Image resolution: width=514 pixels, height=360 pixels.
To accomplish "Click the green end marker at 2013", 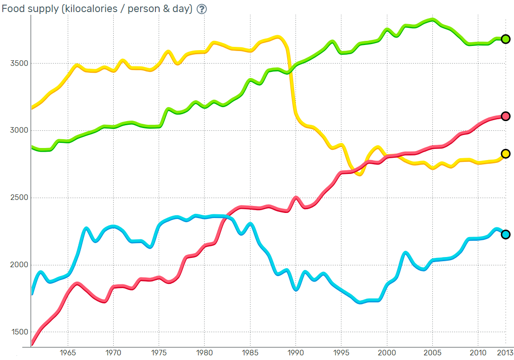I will pyautogui.click(x=506, y=39).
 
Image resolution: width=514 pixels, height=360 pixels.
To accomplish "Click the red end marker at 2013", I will pyautogui.click(x=506, y=116).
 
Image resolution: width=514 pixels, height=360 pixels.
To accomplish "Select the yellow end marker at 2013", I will pyautogui.click(x=506, y=154).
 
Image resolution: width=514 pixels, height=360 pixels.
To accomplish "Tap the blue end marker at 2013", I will pyautogui.click(x=506, y=234).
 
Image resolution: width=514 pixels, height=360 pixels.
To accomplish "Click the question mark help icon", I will pyautogui.click(x=201, y=9).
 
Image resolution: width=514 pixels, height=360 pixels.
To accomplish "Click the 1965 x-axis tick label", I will pyautogui.click(x=68, y=353).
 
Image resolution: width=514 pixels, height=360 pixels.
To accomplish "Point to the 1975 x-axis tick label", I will pyautogui.click(x=159, y=353).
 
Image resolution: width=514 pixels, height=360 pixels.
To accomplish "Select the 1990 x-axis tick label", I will pyautogui.click(x=296, y=353).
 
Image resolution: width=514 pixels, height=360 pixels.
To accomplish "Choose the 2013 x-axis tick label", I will pyautogui.click(x=505, y=353).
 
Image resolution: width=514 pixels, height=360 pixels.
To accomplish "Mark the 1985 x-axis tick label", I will pyautogui.click(x=251, y=353).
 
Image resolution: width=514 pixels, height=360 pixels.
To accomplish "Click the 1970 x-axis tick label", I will pyautogui.click(x=114, y=353).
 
